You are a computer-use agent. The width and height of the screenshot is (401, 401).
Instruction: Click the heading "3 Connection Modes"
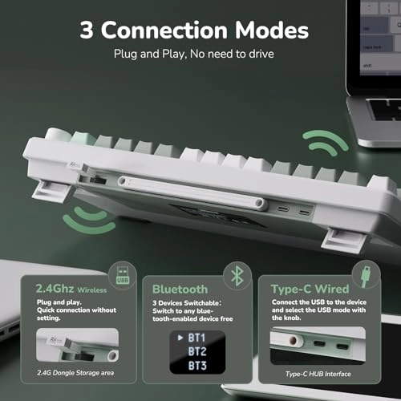click(x=194, y=31)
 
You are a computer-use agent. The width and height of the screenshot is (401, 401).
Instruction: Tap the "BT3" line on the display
click(x=196, y=365)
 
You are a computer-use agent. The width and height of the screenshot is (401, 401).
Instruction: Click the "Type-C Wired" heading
click(x=308, y=289)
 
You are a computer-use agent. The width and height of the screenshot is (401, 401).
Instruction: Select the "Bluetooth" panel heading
click(x=180, y=289)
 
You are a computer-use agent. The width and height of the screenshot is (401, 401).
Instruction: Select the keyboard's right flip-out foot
click(x=337, y=238)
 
